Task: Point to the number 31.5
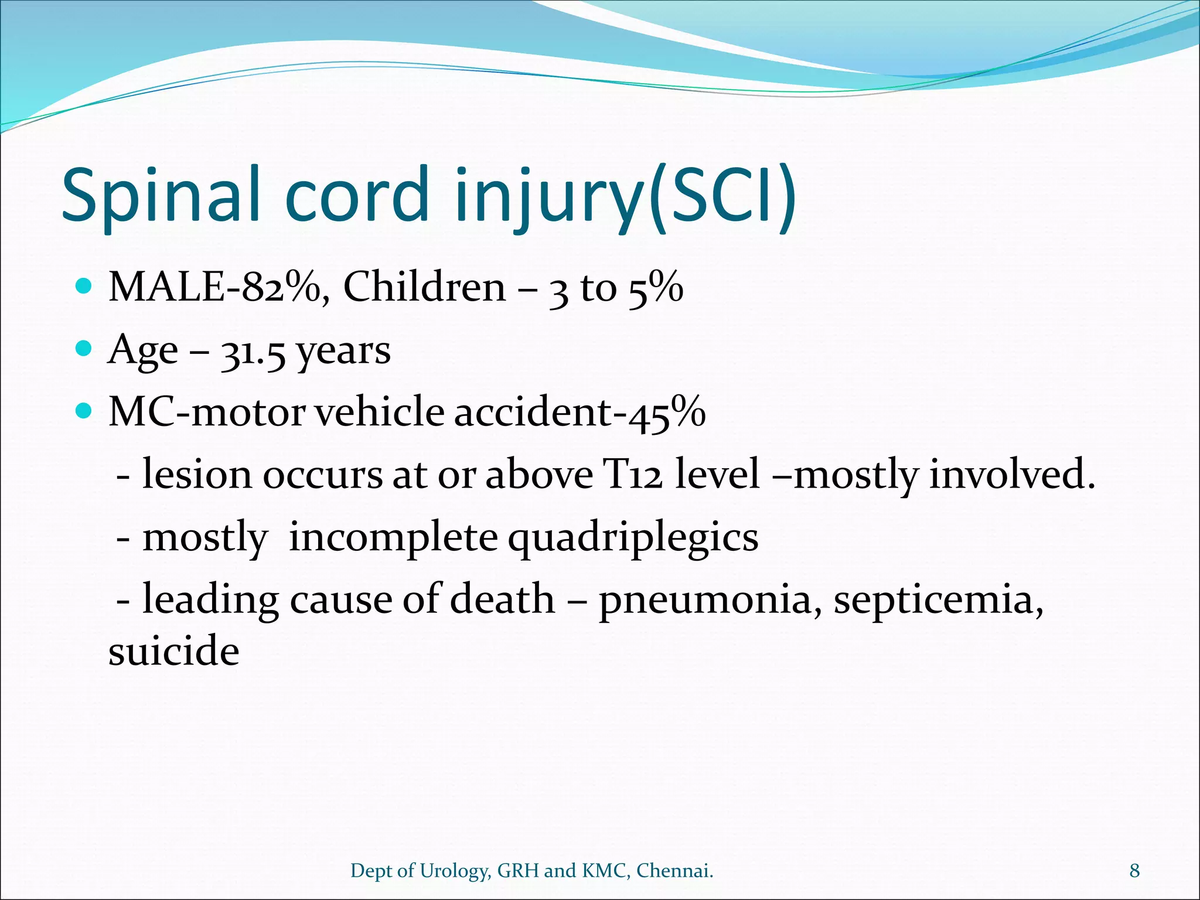(x=253, y=352)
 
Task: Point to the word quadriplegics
(x=633, y=538)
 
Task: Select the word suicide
(x=174, y=651)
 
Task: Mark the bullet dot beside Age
(x=85, y=349)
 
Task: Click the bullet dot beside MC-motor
(x=85, y=411)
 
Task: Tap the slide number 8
(x=1134, y=871)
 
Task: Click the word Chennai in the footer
(x=674, y=871)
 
